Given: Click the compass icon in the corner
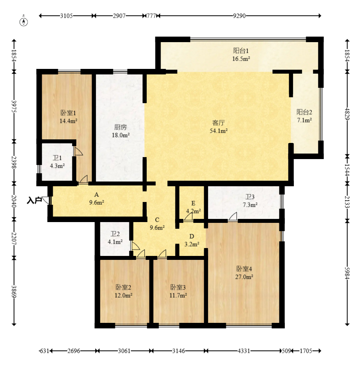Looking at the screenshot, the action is (24, 21).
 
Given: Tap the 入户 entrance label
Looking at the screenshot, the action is (34, 200).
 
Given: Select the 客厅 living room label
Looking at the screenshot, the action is (218, 123).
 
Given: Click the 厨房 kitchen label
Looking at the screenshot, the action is (120, 127).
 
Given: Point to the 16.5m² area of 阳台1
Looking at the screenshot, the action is (241, 59).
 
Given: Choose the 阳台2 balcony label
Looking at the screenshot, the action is (304, 112).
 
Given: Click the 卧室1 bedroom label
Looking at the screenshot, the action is (68, 113).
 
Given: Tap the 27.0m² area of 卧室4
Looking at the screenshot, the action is (244, 277).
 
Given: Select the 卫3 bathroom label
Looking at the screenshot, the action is (250, 197).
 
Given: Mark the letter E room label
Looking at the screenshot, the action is (193, 204).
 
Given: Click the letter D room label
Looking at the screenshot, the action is (192, 237).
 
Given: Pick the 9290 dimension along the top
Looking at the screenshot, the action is (239, 16).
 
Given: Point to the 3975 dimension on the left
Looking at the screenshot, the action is (14, 106).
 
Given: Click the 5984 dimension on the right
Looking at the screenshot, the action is (347, 273).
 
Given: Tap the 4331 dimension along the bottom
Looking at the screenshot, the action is (244, 350).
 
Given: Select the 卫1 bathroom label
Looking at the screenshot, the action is (57, 158).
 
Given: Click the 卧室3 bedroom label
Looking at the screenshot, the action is (178, 287).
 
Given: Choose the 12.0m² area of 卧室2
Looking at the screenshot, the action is (124, 295).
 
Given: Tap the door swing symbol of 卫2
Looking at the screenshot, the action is (136, 246).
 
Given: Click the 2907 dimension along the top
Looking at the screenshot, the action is (119, 16).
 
